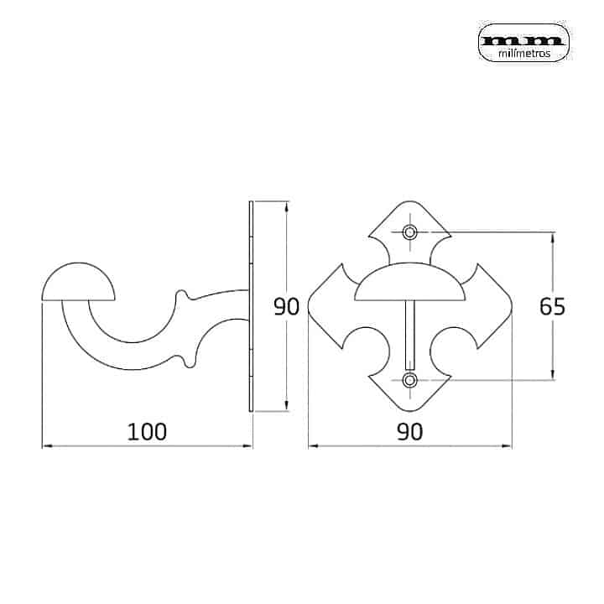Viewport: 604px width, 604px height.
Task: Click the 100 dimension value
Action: point(147,431)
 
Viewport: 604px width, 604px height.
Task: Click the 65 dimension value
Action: point(552,307)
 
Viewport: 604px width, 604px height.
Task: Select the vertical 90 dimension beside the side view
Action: point(286,307)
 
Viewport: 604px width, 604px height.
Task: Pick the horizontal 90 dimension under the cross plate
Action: point(410,431)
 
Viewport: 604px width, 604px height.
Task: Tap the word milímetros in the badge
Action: point(523,54)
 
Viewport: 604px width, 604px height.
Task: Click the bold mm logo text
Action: point(523,40)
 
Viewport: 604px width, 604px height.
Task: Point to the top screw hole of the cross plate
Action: point(409,232)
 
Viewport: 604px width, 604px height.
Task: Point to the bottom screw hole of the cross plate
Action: point(409,380)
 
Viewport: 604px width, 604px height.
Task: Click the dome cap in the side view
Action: point(78,282)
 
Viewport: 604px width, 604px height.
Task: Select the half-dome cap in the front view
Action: point(410,282)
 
